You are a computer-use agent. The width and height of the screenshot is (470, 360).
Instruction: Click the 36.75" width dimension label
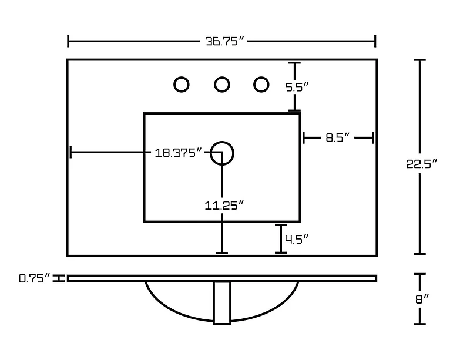click(x=222, y=42)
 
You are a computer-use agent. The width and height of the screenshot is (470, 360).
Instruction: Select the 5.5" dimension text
click(x=297, y=87)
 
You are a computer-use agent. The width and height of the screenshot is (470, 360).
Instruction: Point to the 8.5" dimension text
click(x=338, y=138)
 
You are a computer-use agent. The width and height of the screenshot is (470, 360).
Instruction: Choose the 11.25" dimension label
click(x=224, y=205)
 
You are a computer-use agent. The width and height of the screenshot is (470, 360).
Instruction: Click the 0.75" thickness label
click(x=34, y=279)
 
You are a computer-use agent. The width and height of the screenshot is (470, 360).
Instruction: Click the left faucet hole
click(x=182, y=85)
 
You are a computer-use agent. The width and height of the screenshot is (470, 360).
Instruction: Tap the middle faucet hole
click(x=221, y=85)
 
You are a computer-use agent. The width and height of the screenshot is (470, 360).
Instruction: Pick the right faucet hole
click(x=261, y=85)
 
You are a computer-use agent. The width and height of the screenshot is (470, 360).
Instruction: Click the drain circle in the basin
click(x=222, y=153)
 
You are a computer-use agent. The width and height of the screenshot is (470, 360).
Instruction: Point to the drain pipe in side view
click(x=222, y=302)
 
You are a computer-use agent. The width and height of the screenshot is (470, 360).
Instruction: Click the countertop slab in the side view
click(x=222, y=278)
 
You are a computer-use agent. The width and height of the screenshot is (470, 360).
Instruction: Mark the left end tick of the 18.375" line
click(x=70, y=153)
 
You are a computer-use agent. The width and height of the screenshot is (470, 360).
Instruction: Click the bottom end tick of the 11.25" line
click(x=221, y=253)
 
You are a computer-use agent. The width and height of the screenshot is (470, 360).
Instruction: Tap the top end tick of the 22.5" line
click(x=419, y=60)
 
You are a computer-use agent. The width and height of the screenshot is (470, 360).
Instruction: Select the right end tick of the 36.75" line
click(x=375, y=42)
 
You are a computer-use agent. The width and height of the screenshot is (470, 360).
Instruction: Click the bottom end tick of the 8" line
click(x=419, y=324)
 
